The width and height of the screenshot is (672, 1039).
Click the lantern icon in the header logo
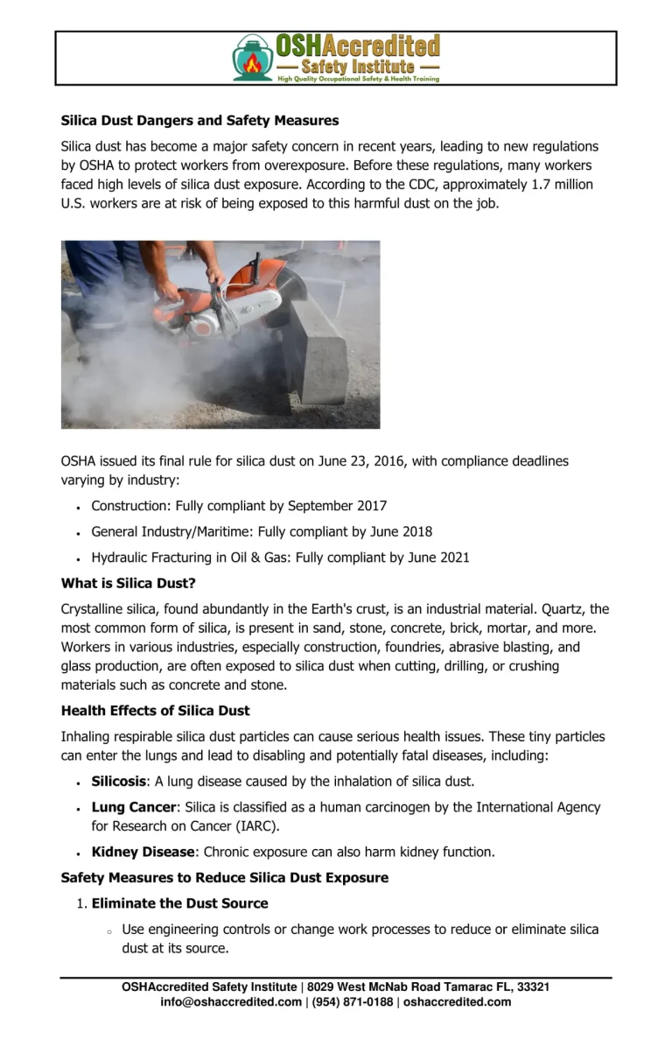[x=253, y=59]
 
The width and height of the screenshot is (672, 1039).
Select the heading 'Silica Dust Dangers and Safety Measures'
[x=199, y=120]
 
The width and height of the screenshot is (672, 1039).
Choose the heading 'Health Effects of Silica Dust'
[x=155, y=711]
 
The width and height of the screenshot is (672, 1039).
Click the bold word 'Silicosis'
[x=119, y=781]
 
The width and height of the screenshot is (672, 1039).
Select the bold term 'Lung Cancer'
[x=134, y=807]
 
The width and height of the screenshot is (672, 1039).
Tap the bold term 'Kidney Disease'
[x=143, y=852]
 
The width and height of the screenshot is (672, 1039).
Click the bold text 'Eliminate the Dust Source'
[x=179, y=903]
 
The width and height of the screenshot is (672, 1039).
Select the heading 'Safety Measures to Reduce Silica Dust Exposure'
[x=225, y=877]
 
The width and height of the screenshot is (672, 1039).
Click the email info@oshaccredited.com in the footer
[x=231, y=1002]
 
